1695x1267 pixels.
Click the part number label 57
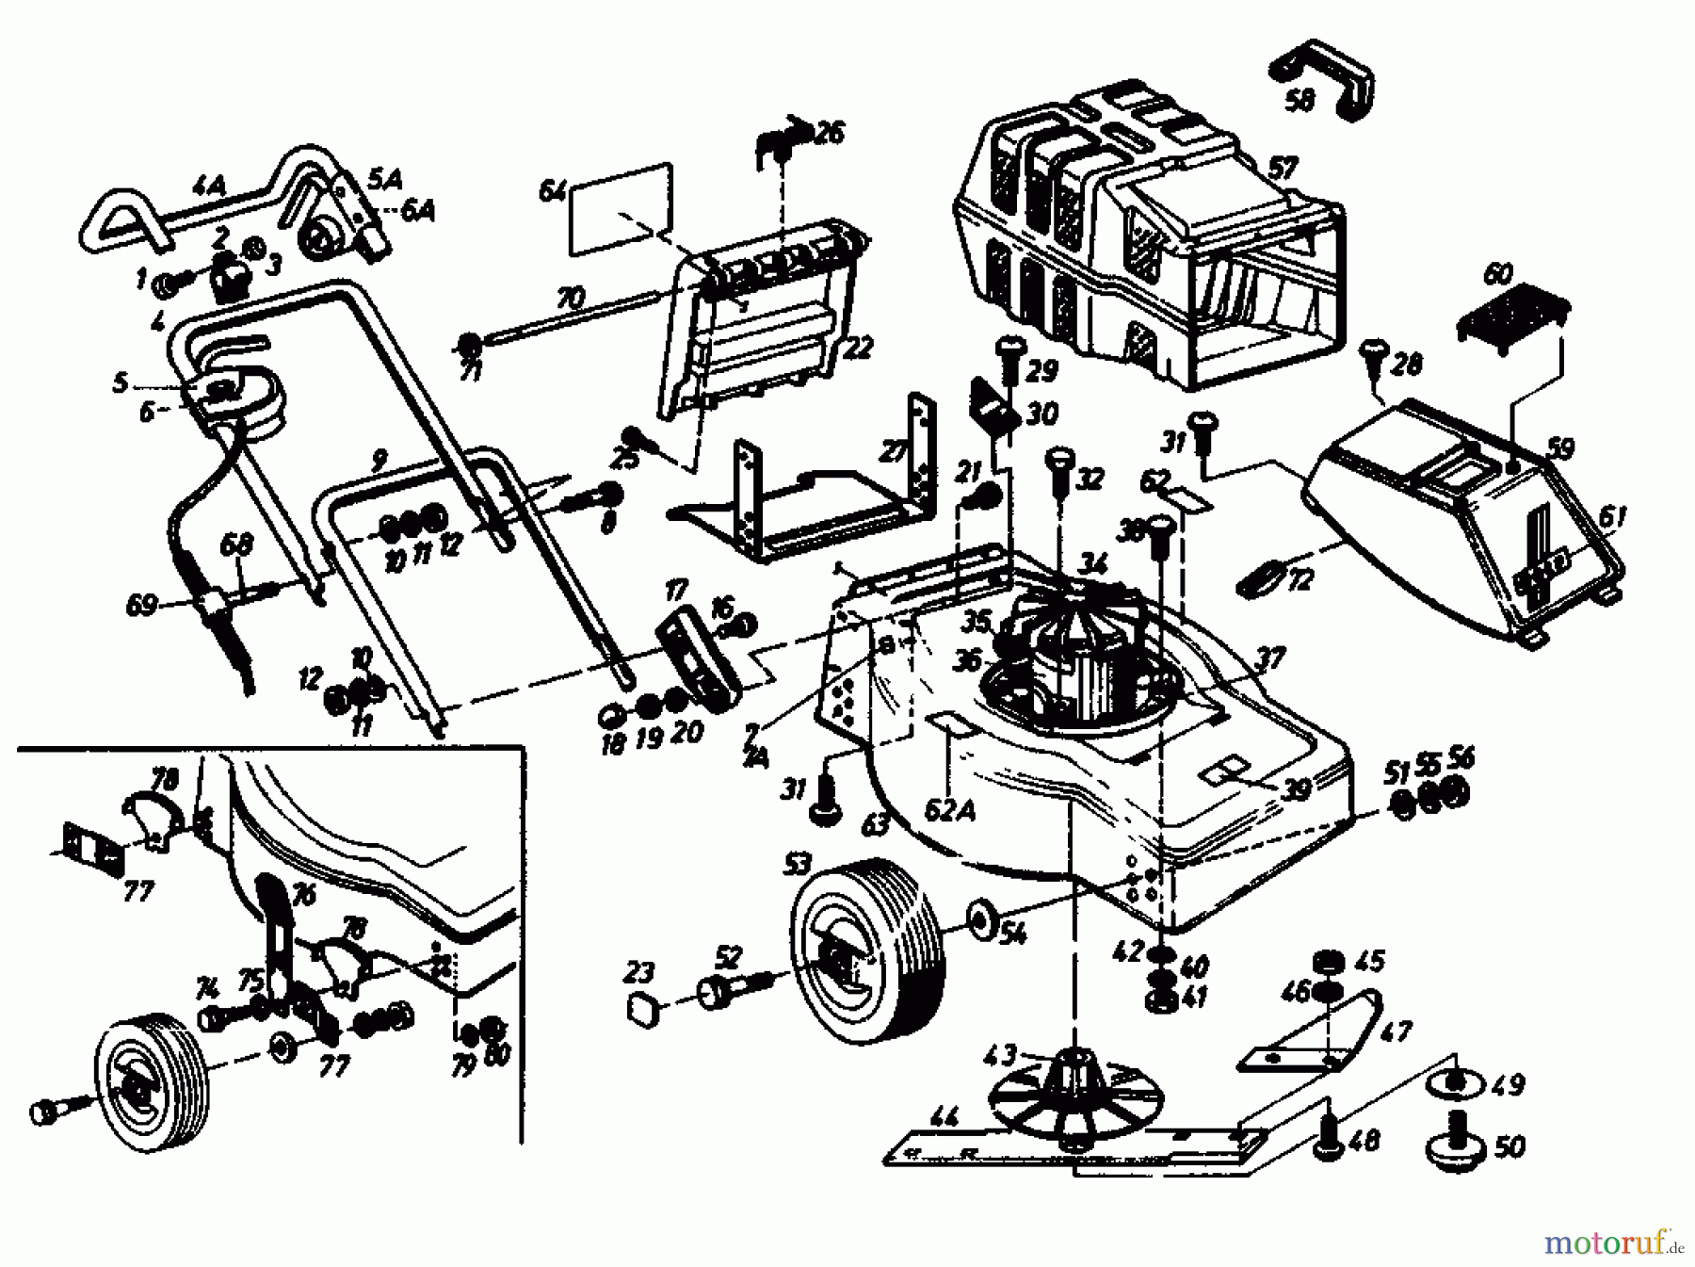(1282, 170)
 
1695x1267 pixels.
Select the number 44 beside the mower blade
(945, 1119)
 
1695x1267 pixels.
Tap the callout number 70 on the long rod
(571, 300)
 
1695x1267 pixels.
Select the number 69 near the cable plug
(141, 604)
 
